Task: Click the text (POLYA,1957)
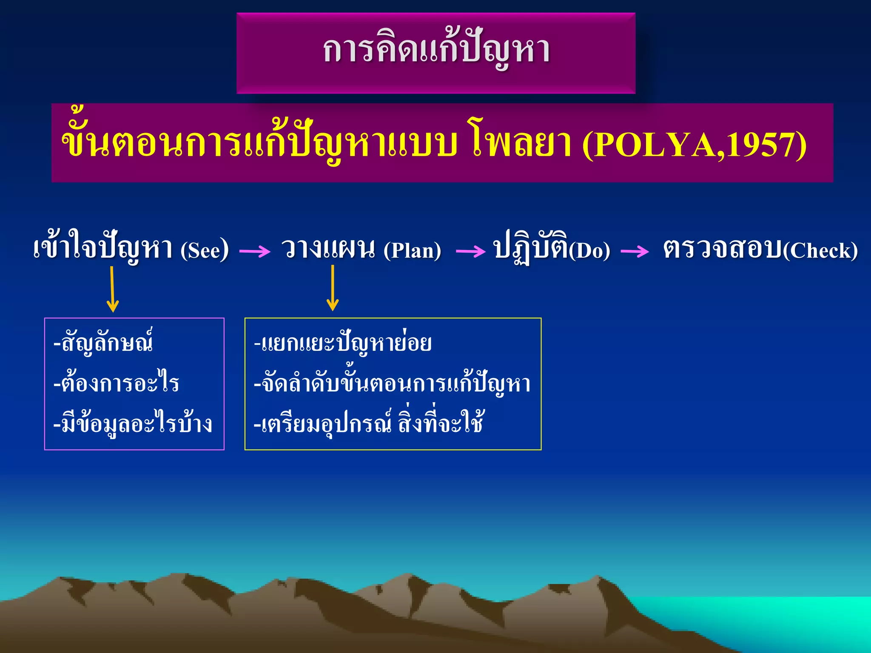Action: [x=694, y=145]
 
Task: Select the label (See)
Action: [x=205, y=250]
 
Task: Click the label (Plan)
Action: [x=412, y=250]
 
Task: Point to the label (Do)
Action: [x=589, y=250]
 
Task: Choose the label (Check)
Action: [x=820, y=250]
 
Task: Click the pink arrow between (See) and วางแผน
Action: [x=255, y=251]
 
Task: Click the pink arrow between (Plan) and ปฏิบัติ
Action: [x=470, y=251]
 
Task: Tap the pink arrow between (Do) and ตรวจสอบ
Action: [x=635, y=251]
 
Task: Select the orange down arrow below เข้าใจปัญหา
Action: [x=112, y=289]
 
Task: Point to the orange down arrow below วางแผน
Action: [x=333, y=288]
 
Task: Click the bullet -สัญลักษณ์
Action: [x=103, y=343]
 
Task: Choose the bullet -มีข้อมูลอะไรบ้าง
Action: [x=133, y=423]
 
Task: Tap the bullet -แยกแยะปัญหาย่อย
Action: [x=343, y=343]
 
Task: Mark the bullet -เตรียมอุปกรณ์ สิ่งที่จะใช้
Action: [x=368, y=423]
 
